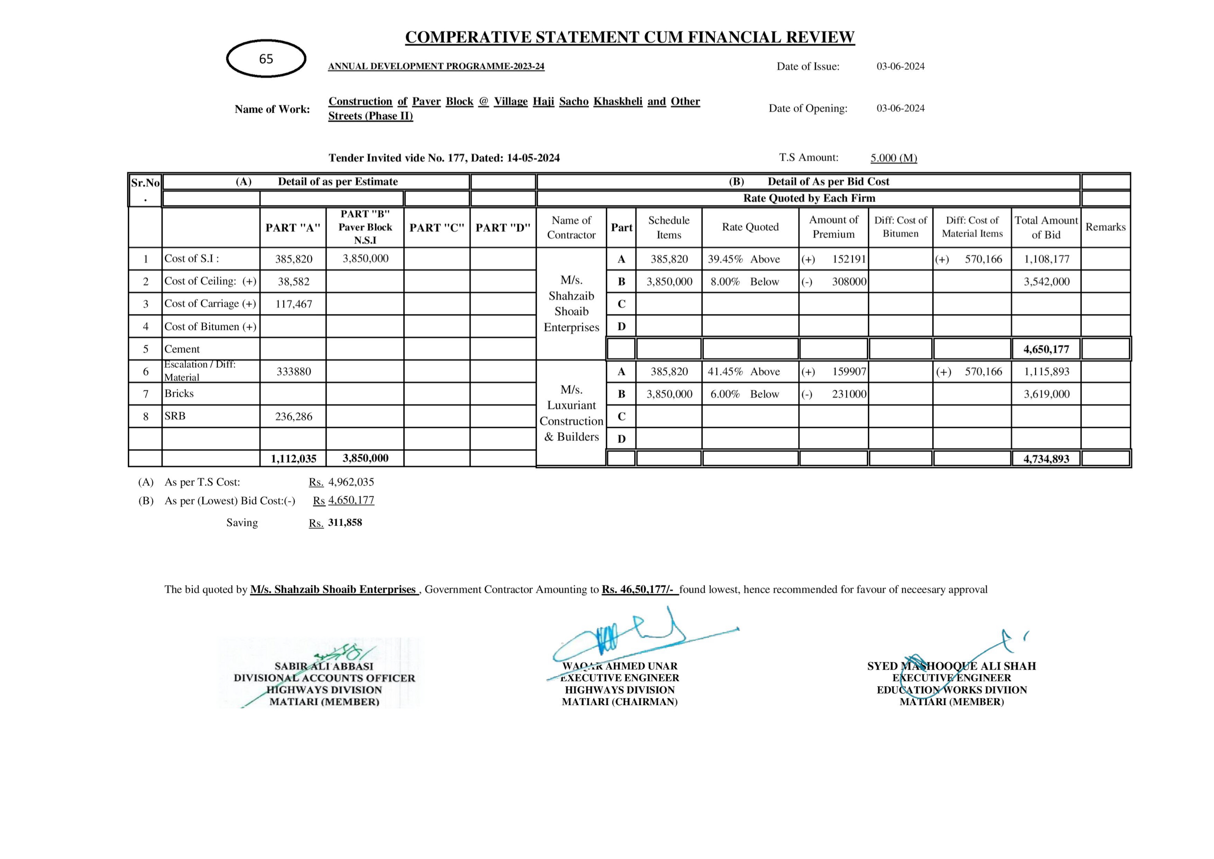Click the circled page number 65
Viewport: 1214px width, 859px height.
click(266, 59)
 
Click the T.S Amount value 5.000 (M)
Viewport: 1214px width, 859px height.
click(894, 158)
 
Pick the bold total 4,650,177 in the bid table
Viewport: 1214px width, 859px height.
click(1046, 349)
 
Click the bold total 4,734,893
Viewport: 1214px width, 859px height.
click(1046, 458)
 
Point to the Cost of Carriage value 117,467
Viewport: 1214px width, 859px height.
click(293, 304)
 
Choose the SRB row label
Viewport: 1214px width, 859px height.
click(175, 417)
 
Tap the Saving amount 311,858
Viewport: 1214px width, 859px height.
click(345, 523)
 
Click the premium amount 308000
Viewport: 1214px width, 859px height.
click(849, 281)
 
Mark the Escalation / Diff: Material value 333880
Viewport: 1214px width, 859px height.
click(293, 371)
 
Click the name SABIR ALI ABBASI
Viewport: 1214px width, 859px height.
click(324, 667)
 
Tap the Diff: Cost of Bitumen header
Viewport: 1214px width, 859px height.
click(900, 227)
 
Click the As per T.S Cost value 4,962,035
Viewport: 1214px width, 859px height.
click(351, 482)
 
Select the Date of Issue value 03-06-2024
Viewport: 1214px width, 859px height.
click(901, 66)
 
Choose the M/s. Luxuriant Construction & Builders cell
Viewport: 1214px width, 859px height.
click(571, 413)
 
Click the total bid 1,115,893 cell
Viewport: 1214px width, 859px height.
click(1046, 371)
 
